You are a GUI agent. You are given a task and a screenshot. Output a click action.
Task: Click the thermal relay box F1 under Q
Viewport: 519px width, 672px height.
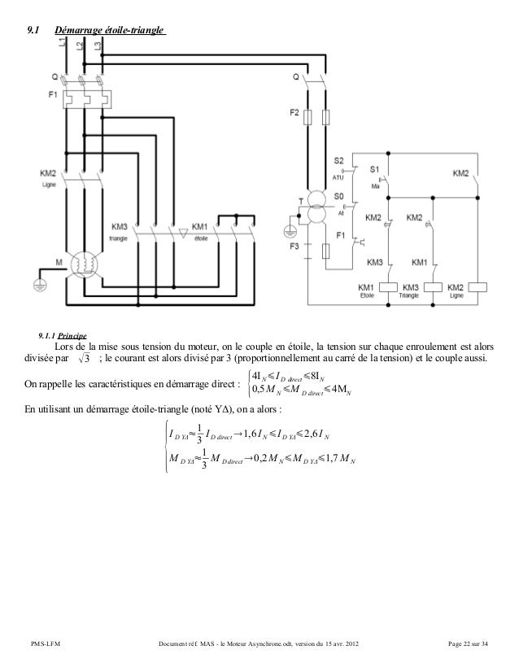tap(81, 96)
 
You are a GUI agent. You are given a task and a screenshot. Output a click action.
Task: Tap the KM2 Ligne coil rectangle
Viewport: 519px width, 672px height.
tap(476, 289)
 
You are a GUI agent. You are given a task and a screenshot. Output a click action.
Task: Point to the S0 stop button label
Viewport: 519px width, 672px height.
tap(340, 197)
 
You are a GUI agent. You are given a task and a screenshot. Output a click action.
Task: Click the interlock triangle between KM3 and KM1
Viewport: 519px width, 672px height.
tap(182, 233)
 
